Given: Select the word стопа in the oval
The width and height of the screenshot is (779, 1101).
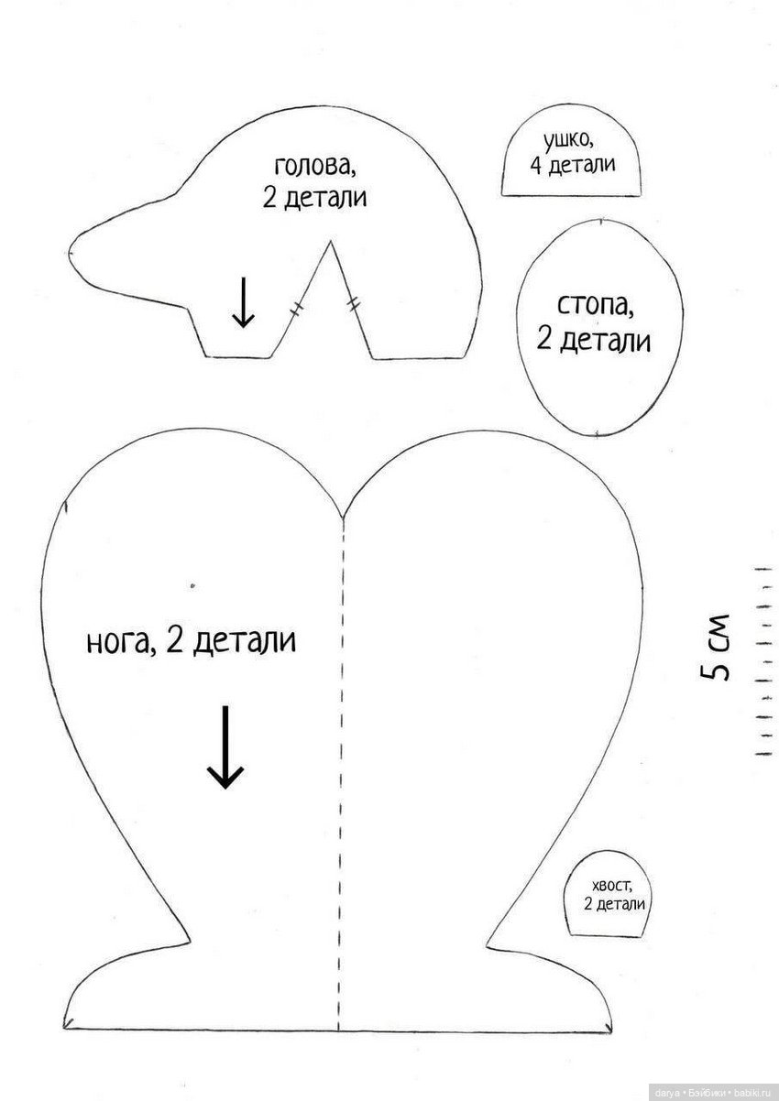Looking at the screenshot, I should coord(594,305).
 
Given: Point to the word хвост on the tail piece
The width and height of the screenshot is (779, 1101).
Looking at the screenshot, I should coord(613,885).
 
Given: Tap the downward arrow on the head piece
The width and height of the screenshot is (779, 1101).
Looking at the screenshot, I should coord(243,303).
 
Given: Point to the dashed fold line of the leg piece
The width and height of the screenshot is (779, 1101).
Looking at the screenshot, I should coord(341,733).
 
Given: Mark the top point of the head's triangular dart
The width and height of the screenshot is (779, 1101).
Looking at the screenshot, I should coord(329,242).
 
